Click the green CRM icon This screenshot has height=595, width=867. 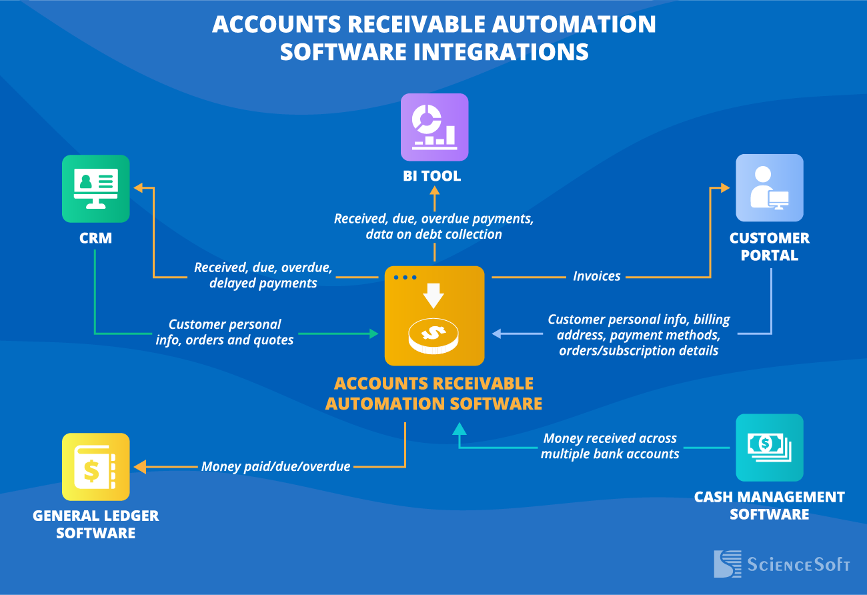(x=95, y=188)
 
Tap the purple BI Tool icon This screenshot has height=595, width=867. (x=434, y=127)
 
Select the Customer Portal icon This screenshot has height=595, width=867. (x=769, y=187)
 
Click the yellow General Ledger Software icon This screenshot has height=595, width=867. (x=95, y=466)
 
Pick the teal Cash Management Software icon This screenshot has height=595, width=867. (x=769, y=447)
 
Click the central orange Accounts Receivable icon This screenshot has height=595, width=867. (x=434, y=316)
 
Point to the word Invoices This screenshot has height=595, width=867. (x=596, y=276)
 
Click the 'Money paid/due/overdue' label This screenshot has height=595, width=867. (x=275, y=466)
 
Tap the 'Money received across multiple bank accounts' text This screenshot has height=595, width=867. (x=610, y=446)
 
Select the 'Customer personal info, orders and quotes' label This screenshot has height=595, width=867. (x=225, y=332)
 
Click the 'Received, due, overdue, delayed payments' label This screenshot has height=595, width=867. (x=263, y=275)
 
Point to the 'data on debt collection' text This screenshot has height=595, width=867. (x=433, y=234)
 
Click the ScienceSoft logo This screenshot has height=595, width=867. (x=781, y=564)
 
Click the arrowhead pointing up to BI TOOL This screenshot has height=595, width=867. (x=434, y=191)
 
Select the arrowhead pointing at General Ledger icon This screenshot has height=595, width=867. (x=139, y=466)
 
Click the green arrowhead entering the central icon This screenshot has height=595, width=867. (x=373, y=332)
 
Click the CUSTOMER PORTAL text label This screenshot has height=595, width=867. (x=769, y=247)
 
